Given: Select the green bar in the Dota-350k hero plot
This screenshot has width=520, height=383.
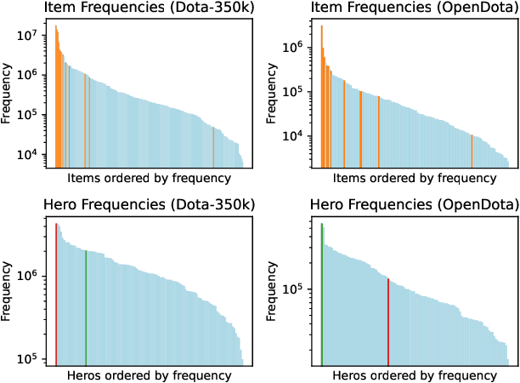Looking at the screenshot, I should pos(86,306).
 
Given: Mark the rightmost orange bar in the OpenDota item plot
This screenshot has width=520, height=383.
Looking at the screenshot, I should pos(472,151).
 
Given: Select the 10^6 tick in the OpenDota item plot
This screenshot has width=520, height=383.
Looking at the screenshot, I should pos(299,48).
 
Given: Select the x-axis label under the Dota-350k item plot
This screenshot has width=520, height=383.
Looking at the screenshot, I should pos(148,179).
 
